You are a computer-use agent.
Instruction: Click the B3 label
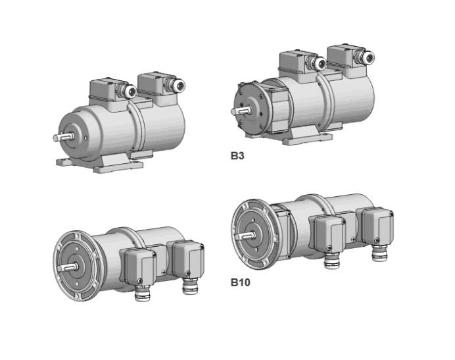(237, 156)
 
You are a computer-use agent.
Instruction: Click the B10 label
(240, 282)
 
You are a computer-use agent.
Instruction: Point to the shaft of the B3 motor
(240, 111)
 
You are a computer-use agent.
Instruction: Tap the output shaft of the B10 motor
(245, 236)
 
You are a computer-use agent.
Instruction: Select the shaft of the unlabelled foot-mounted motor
(62, 137)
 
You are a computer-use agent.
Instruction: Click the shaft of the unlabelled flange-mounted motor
(67, 267)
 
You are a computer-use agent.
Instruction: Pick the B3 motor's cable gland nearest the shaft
(317, 63)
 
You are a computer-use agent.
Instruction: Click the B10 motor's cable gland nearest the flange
(332, 260)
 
